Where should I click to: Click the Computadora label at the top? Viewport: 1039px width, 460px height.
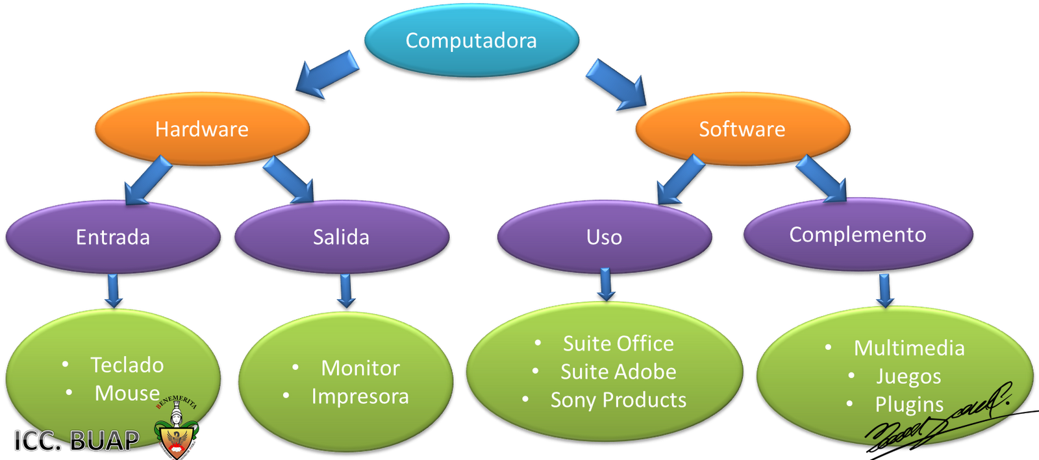click(471, 41)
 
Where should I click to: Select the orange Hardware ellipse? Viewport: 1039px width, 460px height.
click(202, 129)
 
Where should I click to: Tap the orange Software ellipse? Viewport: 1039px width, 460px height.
click(742, 129)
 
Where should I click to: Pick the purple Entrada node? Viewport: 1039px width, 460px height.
click(113, 237)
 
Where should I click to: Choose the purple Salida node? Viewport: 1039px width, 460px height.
click(341, 237)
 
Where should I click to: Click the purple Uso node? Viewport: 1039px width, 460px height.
click(604, 237)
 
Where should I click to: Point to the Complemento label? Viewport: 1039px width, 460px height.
click(857, 234)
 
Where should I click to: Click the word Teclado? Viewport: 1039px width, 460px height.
click(127, 365)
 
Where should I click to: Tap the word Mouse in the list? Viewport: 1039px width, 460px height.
click(127, 393)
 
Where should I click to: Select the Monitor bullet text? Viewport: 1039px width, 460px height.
click(360, 368)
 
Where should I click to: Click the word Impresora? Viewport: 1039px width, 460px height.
click(360, 396)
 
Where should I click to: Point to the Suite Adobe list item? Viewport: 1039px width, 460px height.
click(618, 372)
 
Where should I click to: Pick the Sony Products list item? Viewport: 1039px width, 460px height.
click(618, 400)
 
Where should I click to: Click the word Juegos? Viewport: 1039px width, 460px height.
click(908, 376)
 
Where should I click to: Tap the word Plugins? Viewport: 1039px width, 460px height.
click(909, 404)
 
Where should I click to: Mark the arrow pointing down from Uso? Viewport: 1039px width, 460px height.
click(606, 284)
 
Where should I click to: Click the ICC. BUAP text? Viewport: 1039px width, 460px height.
click(76, 441)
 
